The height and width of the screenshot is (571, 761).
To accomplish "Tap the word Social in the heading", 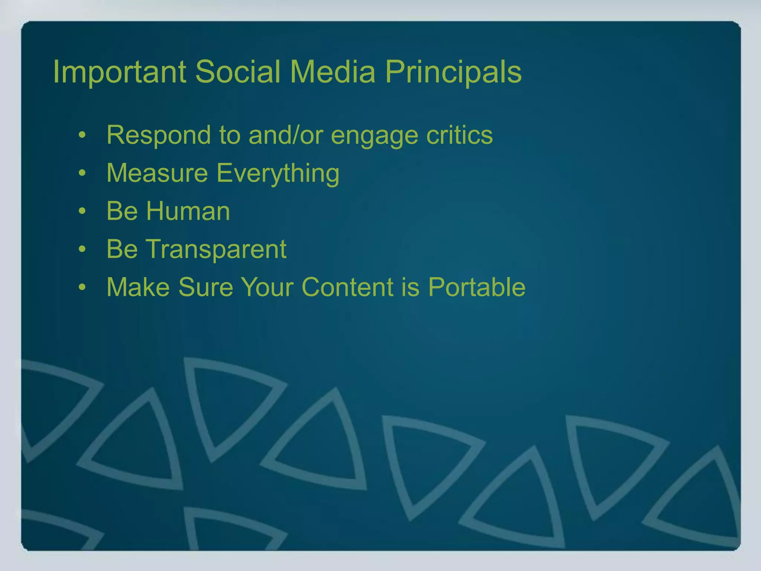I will tap(238, 72).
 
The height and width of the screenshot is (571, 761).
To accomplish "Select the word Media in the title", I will tap(333, 72).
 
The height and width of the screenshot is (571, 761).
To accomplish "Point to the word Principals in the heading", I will tap(453, 72).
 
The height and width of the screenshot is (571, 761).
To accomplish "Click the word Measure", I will tap(157, 173).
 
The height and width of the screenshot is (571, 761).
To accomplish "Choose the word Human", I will tap(188, 211).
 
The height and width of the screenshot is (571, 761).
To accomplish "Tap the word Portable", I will tap(477, 287).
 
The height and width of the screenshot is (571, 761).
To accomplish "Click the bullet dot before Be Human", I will tap(82, 212).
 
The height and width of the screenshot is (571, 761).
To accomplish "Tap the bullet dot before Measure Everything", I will tap(82, 173).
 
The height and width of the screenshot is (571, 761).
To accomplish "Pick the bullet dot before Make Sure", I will tap(82, 287).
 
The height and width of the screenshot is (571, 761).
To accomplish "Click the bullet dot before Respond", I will tap(82, 135).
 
